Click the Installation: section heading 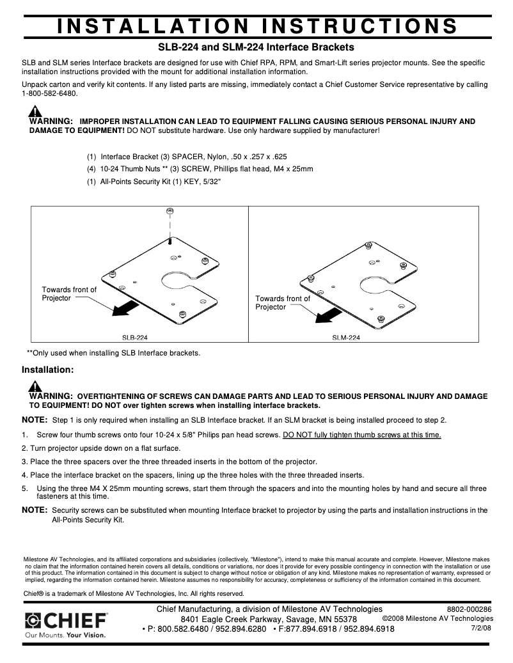click(x=48, y=370)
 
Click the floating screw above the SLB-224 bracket click(x=170, y=212)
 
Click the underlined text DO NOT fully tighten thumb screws click(x=361, y=435)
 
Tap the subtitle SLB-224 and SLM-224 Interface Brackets click(x=256, y=47)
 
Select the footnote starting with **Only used click(x=113, y=352)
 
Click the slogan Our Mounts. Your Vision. click(x=65, y=636)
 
